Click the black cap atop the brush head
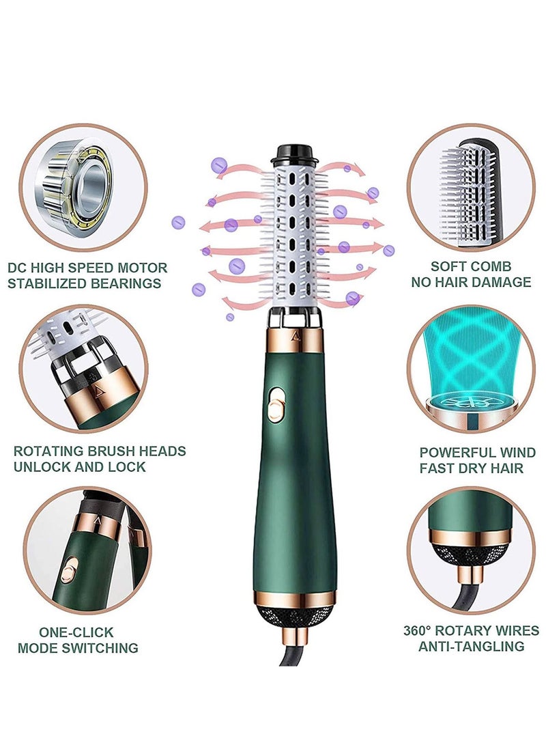(295, 152)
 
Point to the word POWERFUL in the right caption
(458, 453)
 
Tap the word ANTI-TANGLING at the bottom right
(470, 646)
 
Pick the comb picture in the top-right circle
(471, 184)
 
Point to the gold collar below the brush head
(296, 341)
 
